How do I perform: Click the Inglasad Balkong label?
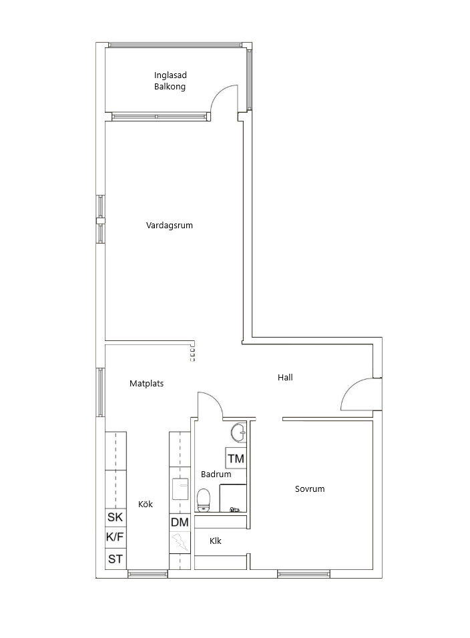click(170, 81)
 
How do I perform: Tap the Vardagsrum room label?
click(170, 226)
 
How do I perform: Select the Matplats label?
click(146, 384)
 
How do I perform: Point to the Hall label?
click(285, 377)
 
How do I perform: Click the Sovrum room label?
click(310, 489)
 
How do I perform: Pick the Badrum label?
click(216, 474)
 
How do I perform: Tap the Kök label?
click(146, 505)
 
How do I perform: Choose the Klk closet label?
click(215, 541)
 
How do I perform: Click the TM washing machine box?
click(236, 459)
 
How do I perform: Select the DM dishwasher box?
click(180, 523)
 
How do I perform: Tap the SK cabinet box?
click(115, 517)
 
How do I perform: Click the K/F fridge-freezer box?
click(115, 537)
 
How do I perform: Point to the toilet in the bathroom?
click(204, 499)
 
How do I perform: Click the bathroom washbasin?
click(238, 432)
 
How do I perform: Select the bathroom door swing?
click(209, 405)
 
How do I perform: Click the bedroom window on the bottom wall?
click(304, 573)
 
